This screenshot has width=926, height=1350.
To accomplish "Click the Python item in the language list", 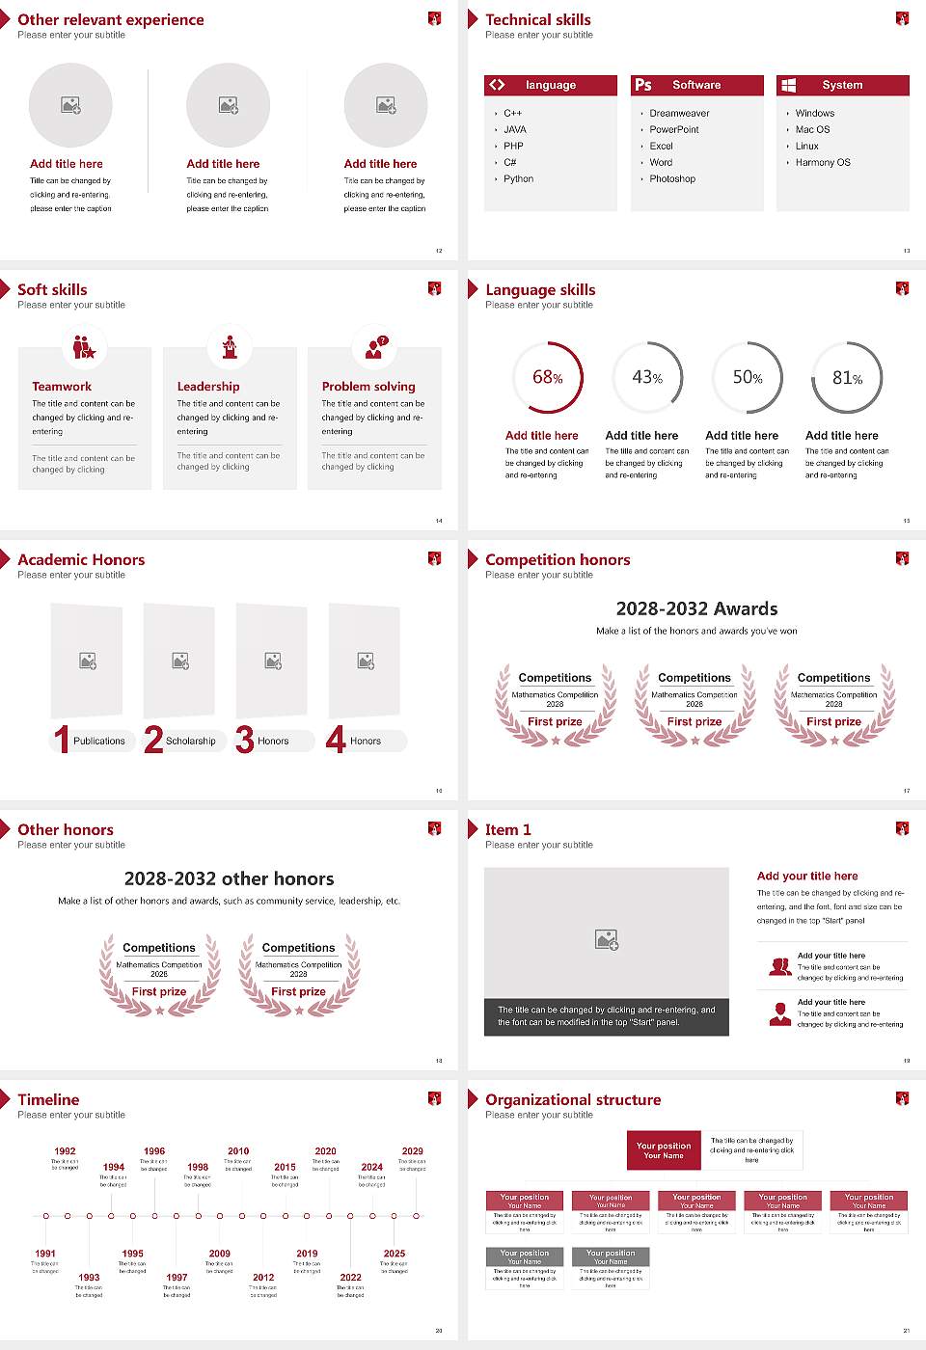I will [x=518, y=179].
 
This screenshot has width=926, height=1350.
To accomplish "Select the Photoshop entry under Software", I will [x=672, y=179].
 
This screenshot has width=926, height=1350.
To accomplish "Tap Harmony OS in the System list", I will [x=823, y=163].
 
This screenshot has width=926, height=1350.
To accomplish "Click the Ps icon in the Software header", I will [x=643, y=85].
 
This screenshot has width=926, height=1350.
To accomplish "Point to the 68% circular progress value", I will [x=547, y=377].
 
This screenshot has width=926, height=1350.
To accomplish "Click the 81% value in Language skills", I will [x=847, y=378].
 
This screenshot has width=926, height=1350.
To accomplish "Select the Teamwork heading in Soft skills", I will [x=62, y=387].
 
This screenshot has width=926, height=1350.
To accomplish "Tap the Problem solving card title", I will [x=368, y=387].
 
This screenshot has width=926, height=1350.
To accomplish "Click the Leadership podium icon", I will [x=230, y=347].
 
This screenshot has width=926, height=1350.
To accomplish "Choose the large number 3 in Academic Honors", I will [x=245, y=740].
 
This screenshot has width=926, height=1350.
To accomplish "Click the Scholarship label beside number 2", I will [x=190, y=742].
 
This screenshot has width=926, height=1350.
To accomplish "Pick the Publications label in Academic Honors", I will [x=99, y=742].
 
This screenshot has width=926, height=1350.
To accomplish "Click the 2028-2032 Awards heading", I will [x=696, y=608].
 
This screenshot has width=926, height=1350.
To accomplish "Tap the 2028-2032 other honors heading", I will [x=229, y=878].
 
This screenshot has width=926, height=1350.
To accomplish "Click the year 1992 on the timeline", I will [x=65, y=1151].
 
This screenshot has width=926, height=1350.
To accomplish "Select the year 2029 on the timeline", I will [x=413, y=1151].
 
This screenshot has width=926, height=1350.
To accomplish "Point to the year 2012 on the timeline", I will [x=263, y=1278].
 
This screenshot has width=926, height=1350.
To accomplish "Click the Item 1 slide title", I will [x=507, y=829].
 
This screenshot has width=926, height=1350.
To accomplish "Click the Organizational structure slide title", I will [x=573, y=1099].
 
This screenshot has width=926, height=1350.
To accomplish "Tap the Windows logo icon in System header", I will [x=789, y=85].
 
